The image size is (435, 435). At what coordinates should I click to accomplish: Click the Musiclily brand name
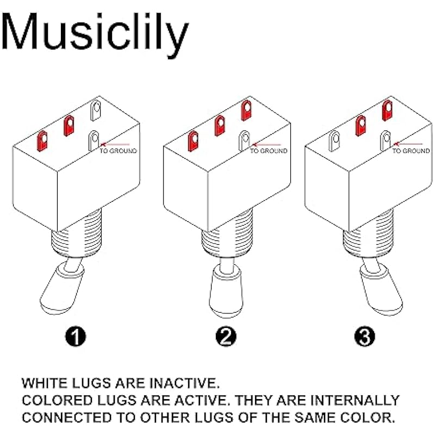pos(95,33)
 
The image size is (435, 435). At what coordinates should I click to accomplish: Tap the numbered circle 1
pos(76,337)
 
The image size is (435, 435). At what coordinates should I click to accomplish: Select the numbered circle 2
pos(226,337)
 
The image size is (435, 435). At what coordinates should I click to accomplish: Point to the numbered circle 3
pos(364,337)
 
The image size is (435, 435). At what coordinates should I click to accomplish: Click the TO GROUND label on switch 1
pos(119,151)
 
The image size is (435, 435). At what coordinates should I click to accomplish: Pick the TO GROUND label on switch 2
pos(269,151)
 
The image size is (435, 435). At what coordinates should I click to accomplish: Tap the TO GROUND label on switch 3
pos(411,151)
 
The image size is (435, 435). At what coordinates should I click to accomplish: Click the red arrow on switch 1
pos(115,144)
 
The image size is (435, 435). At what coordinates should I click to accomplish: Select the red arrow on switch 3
pos(408,144)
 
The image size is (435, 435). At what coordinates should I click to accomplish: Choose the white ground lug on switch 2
pos(245,141)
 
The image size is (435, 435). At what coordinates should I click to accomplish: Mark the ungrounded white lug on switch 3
pos(334,141)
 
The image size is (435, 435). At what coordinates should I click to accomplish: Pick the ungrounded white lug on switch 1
pos(96,111)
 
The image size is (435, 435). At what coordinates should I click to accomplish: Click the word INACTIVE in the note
pos(184,383)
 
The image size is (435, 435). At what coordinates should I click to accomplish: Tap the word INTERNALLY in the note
pos(355,400)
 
